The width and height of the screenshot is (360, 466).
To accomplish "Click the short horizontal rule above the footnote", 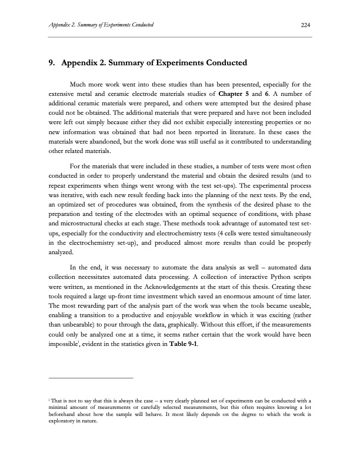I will [x=91, y=377].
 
